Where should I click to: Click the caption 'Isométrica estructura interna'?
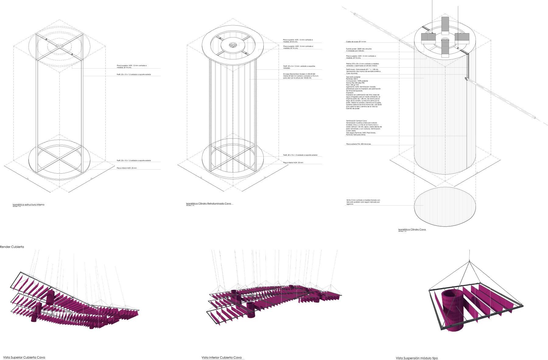28,205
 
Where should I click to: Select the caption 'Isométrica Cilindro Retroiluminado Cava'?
209,203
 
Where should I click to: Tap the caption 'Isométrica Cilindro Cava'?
412,229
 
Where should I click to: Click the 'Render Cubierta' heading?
12,246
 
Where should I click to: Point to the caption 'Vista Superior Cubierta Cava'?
24,357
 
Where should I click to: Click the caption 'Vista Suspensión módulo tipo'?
417,358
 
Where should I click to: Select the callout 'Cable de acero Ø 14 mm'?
356,42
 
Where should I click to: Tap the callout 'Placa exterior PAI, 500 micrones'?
358,144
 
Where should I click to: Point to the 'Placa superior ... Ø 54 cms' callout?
297,40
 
